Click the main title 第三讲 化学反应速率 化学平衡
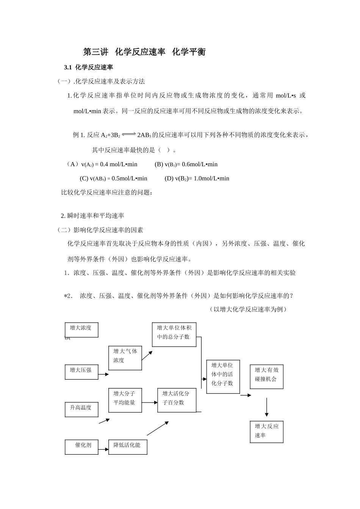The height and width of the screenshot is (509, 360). [x=144, y=52]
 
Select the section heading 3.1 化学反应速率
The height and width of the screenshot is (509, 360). [x=89, y=67]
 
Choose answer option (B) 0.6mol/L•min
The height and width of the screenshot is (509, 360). [x=186, y=164]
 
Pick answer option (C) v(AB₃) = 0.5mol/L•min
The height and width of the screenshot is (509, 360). [x=113, y=178]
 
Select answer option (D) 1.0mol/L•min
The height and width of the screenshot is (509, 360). [x=197, y=178]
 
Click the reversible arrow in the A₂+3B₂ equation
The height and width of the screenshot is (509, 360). [x=129, y=134]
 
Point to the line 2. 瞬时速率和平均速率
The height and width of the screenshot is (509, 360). [x=92, y=216]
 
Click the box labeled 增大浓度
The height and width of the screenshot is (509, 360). [x=81, y=329]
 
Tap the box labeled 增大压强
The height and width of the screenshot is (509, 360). [x=81, y=372]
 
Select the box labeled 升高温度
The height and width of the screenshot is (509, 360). [x=81, y=409]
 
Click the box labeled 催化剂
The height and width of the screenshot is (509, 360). [x=81, y=447]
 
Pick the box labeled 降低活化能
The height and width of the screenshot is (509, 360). [x=128, y=447]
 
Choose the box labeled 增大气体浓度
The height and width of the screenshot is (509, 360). [x=125, y=358]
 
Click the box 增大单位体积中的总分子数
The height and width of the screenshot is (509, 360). [x=174, y=334]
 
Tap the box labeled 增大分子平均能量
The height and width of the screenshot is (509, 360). [x=125, y=400]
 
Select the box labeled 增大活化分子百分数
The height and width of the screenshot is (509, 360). [x=177, y=400]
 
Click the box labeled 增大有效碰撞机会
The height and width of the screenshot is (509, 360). [x=266, y=376]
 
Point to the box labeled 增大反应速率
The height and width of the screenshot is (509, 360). [x=266, y=431]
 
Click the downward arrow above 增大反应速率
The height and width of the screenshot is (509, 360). [x=267, y=407]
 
